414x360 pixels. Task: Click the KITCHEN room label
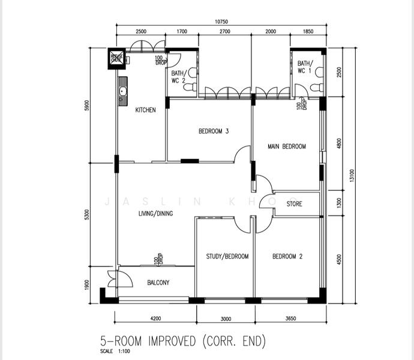point(145,110)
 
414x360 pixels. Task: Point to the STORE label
point(294,204)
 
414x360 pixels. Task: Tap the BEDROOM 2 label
point(287,256)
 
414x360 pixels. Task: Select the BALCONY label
point(158,283)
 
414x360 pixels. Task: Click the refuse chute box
point(116,58)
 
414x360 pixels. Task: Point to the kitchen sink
point(122,91)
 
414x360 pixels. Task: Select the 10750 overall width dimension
point(221,22)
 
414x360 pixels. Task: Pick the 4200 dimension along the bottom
point(156,319)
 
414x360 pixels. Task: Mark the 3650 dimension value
point(290,319)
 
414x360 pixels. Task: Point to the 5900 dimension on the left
point(87,105)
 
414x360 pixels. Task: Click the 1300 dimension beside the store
point(339,202)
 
